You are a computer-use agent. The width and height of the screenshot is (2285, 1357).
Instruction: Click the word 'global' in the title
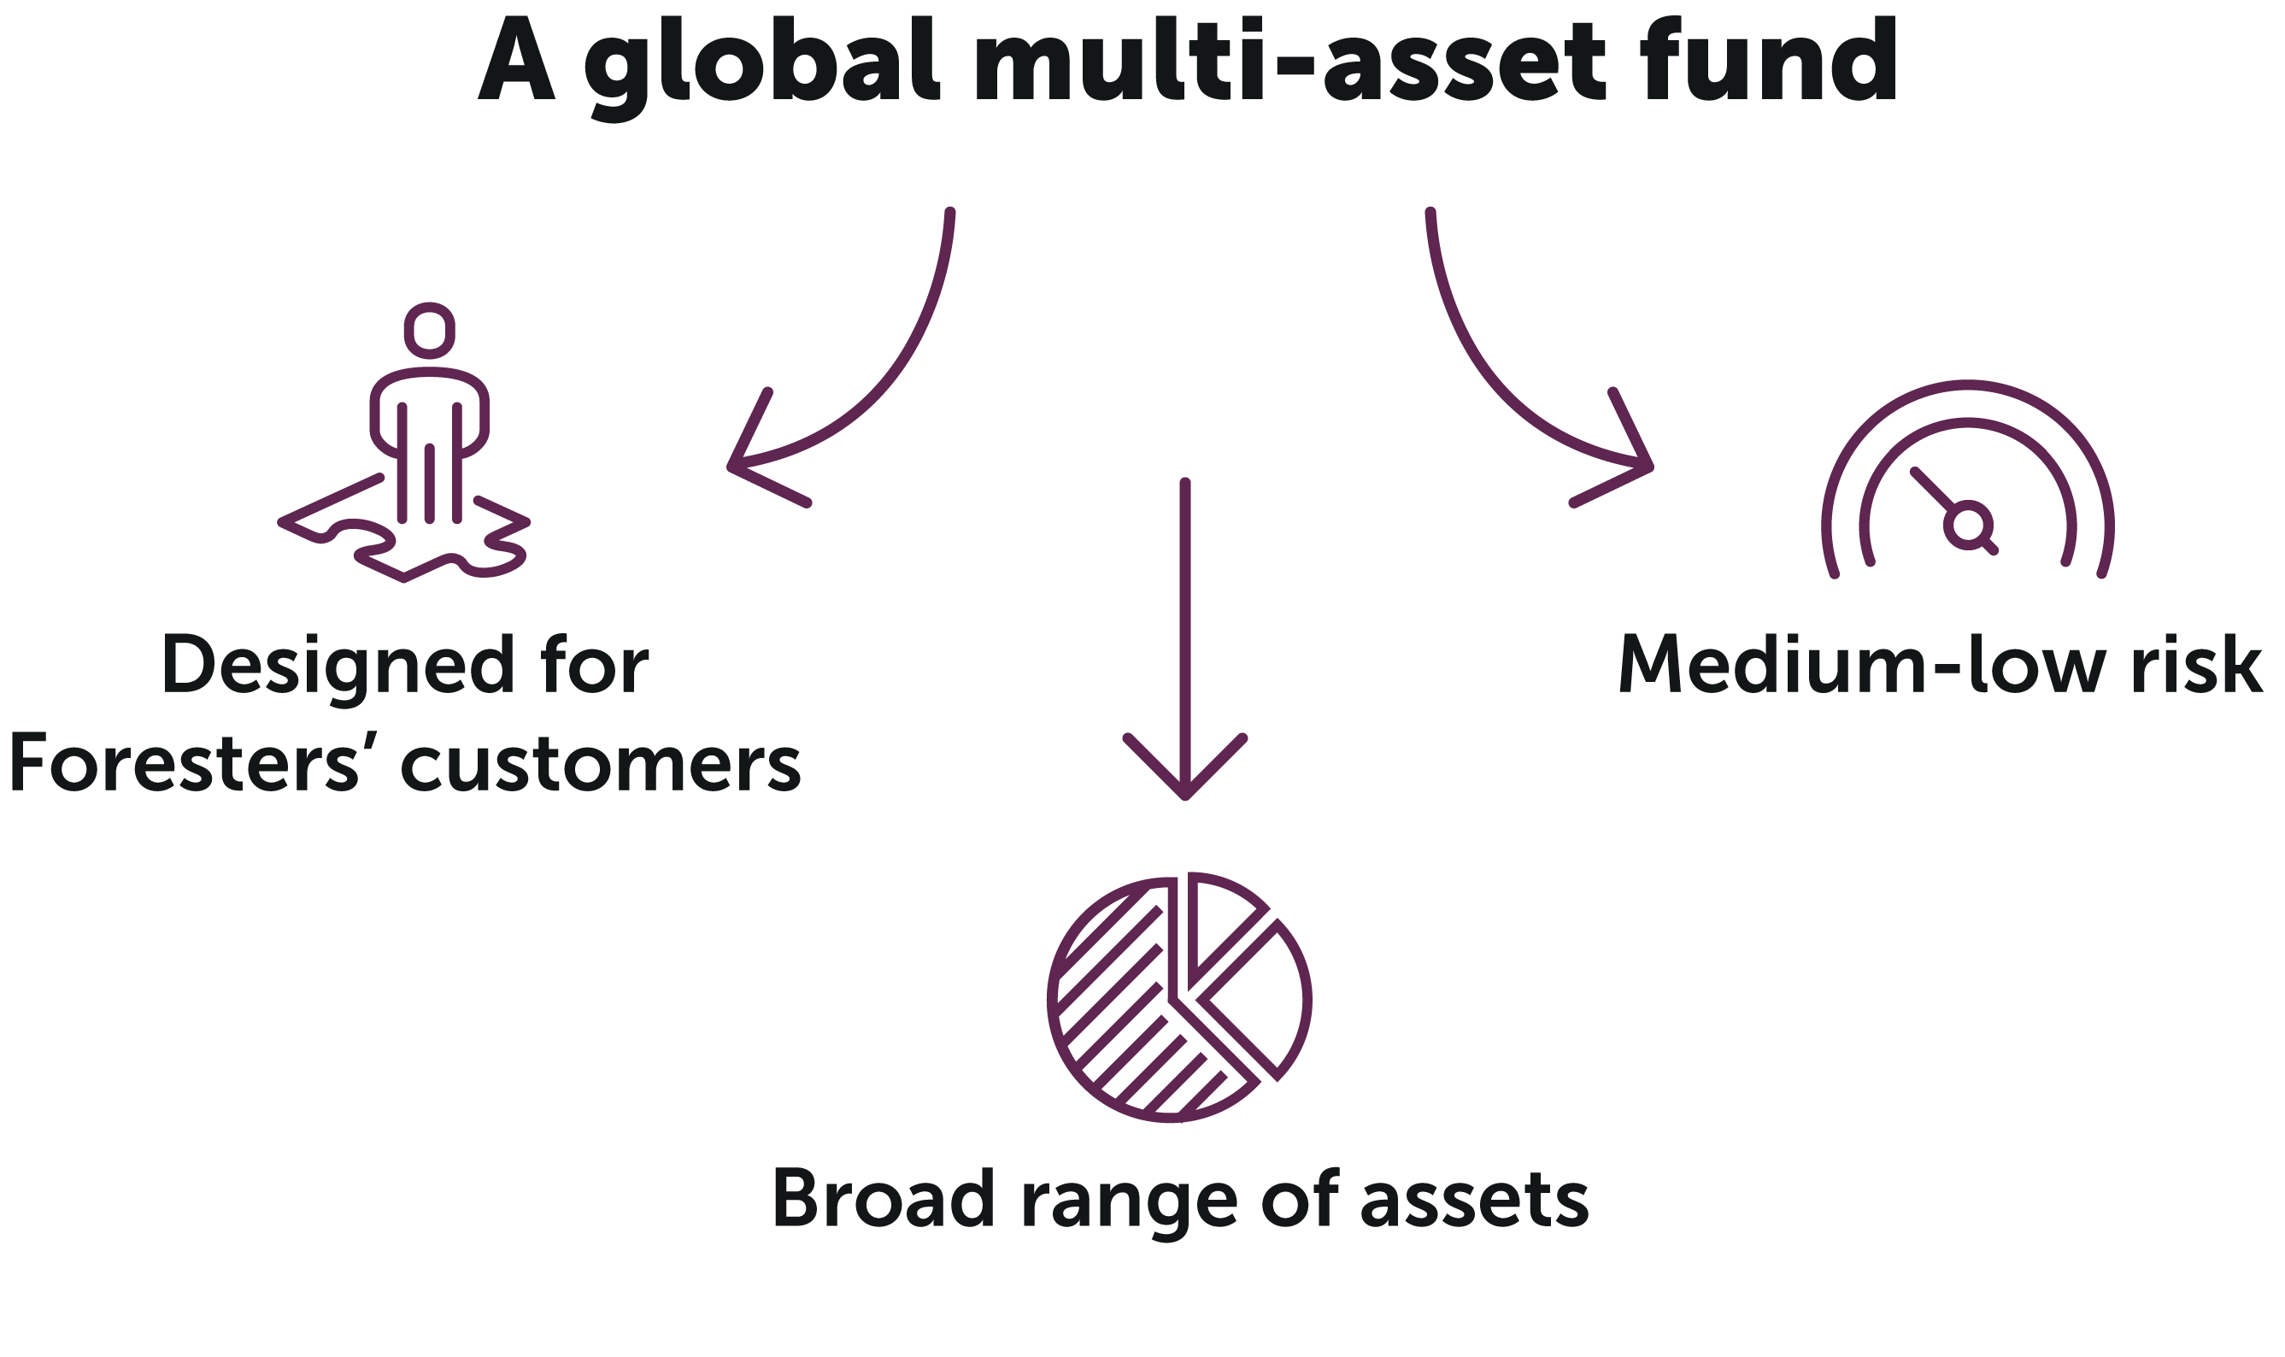tap(761, 67)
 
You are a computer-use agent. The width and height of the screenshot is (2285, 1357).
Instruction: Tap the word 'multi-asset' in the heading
tap(1289, 61)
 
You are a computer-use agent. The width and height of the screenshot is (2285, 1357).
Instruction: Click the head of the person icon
tap(429, 330)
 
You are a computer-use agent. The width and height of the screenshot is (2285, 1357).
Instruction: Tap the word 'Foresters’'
tap(185, 762)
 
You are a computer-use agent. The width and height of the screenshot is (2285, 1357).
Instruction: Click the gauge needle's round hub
tap(1968, 525)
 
